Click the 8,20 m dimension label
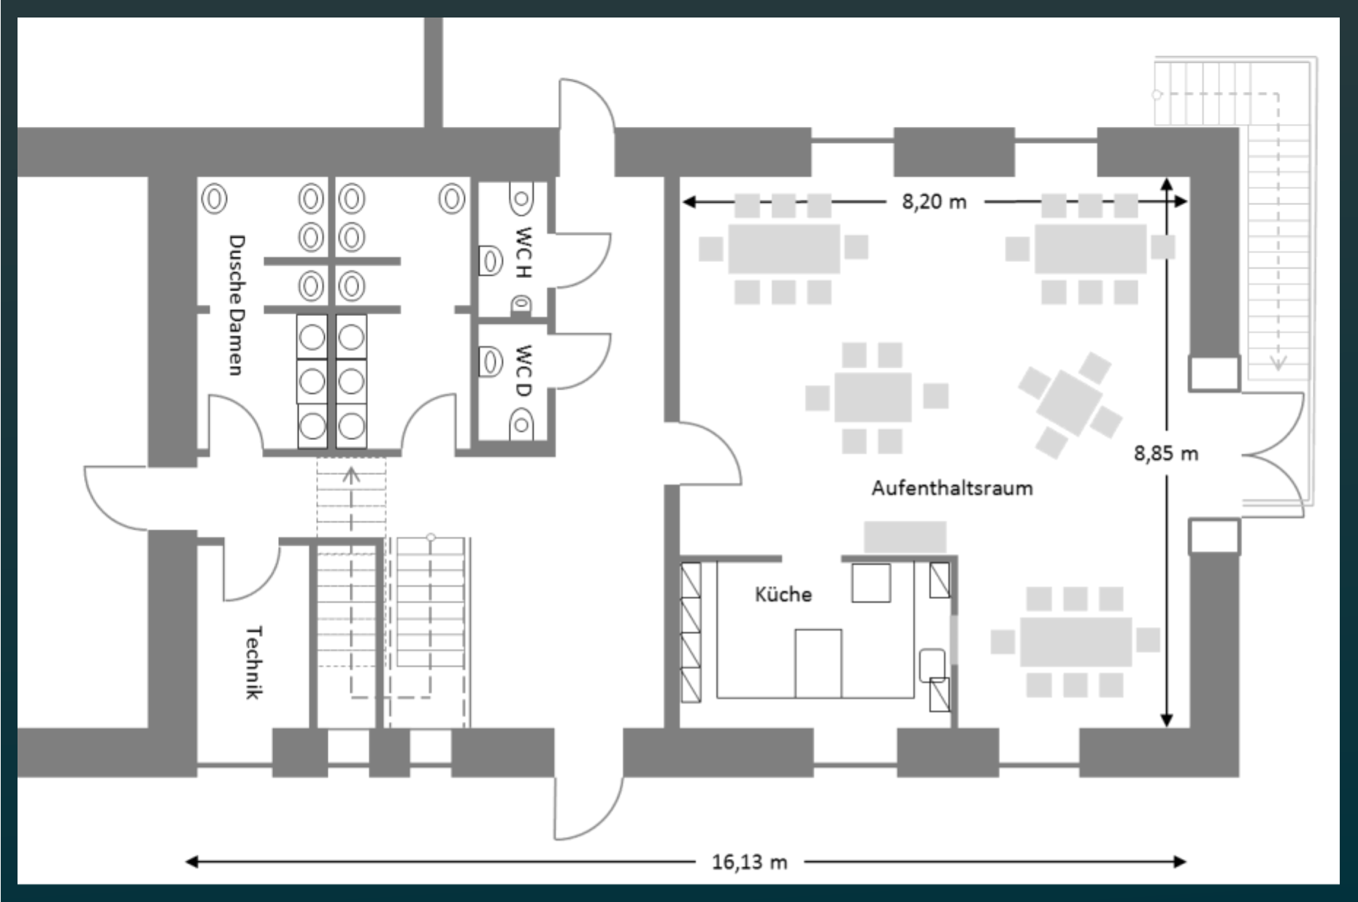click(x=934, y=201)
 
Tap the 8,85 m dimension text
click(x=1166, y=453)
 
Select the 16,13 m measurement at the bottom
click(x=750, y=862)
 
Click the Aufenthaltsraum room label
click(x=952, y=487)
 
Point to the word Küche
click(x=783, y=594)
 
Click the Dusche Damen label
click(x=236, y=305)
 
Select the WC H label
click(x=523, y=253)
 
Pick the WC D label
click(x=523, y=371)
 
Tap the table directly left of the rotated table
click(x=873, y=397)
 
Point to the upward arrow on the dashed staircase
click(x=351, y=476)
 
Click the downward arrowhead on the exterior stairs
click(x=1278, y=363)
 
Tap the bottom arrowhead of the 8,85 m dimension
click(x=1167, y=719)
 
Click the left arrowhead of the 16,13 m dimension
click(x=191, y=862)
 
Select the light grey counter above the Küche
click(x=905, y=537)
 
